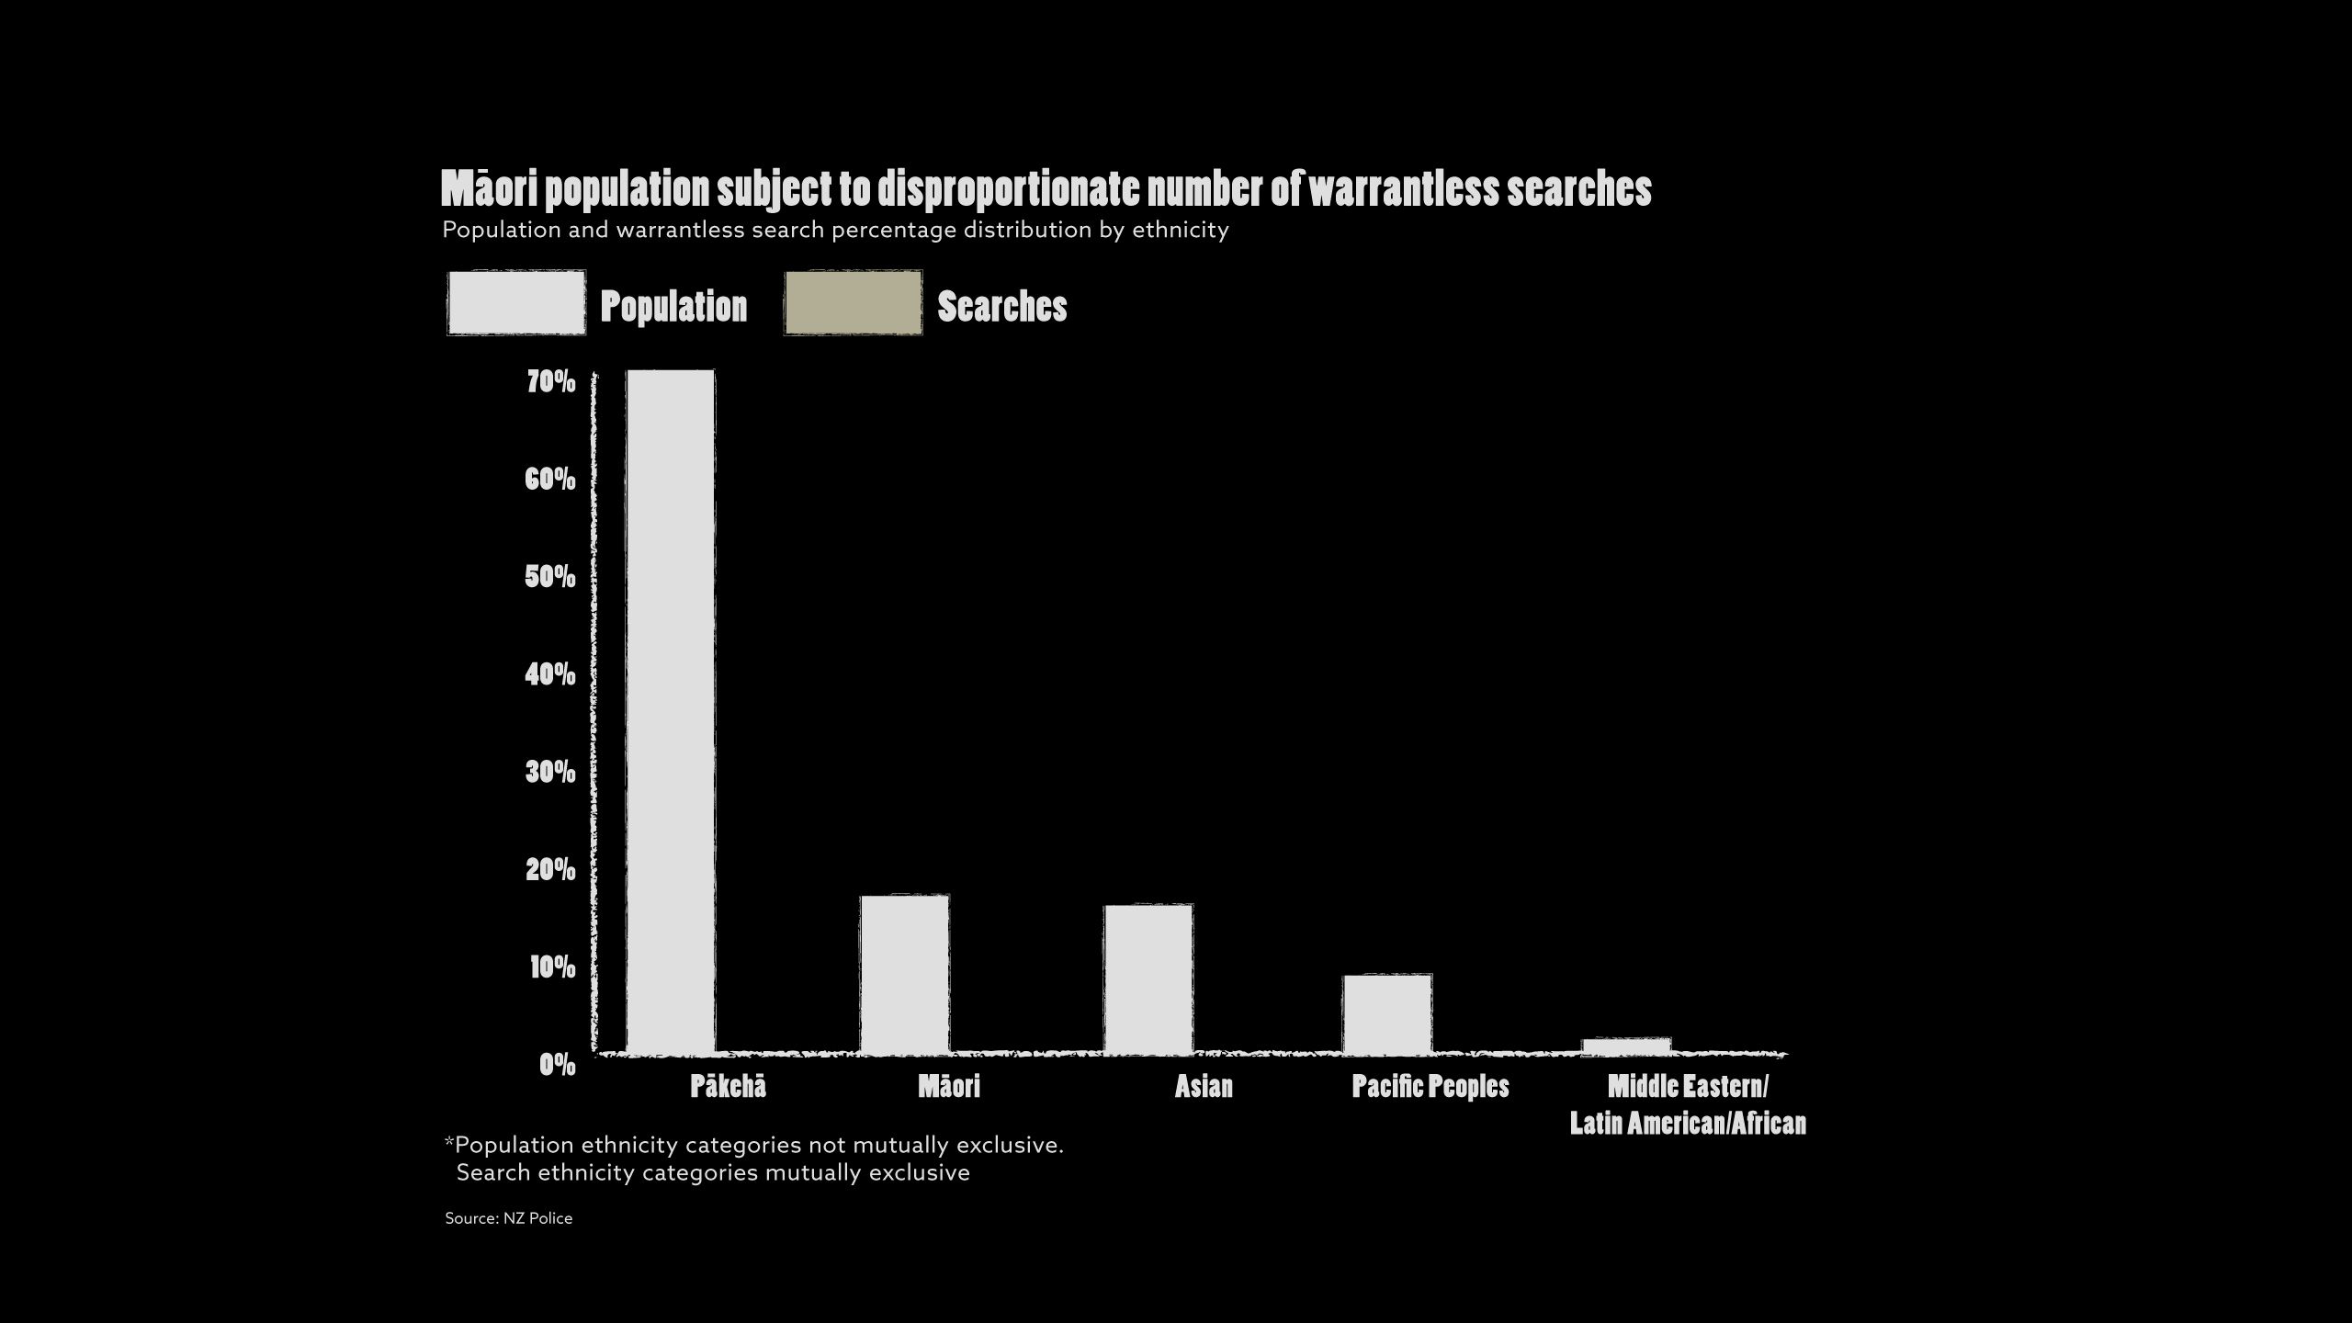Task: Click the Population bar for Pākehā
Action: click(x=671, y=711)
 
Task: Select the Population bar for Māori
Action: click(x=904, y=974)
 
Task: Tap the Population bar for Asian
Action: click(x=1148, y=978)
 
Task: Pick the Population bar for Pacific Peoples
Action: click(x=1387, y=1013)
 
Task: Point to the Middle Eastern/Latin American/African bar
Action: click(x=1626, y=1046)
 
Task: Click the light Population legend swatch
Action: click(x=516, y=302)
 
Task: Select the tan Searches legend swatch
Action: click(x=853, y=302)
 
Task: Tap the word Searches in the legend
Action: click(x=1001, y=306)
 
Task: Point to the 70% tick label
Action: click(x=551, y=381)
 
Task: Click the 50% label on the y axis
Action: click(x=551, y=577)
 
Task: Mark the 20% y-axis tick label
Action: click(x=551, y=869)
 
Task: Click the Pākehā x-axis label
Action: click(x=728, y=1087)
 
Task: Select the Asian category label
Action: click(x=1204, y=1087)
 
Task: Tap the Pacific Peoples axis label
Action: click(x=1430, y=1087)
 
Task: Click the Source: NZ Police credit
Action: click(x=508, y=1218)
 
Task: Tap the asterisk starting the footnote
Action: click(x=449, y=1144)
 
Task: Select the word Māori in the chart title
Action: click(x=488, y=189)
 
